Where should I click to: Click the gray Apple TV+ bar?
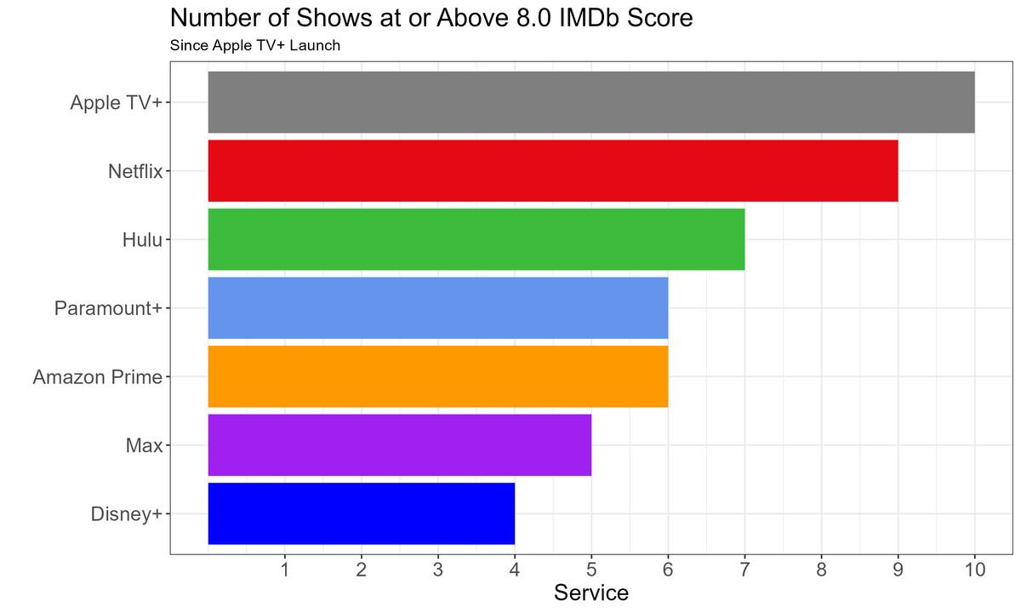[x=591, y=102]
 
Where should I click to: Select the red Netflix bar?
[x=553, y=171]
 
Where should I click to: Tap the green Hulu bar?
[x=476, y=239]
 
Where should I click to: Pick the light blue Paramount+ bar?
[x=438, y=307]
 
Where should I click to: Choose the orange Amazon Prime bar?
[x=438, y=376]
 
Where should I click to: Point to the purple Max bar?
[x=400, y=444]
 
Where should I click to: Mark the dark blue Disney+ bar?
[x=362, y=513]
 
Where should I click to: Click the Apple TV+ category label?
[x=117, y=103]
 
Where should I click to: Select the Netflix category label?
[x=135, y=172]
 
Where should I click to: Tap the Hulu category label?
[x=142, y=240]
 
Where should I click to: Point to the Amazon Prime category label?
[x=97, y=376]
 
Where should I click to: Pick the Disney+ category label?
[x=126, y=514]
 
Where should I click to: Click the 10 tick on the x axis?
[x=974, y=569]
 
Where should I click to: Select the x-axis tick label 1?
[x=285, y=569]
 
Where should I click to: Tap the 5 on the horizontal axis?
[x=591, y=569]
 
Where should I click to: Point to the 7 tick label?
[x=744, y=569]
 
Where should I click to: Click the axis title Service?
[x=591, y=593]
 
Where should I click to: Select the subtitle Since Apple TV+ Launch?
[x=255, y=45]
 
